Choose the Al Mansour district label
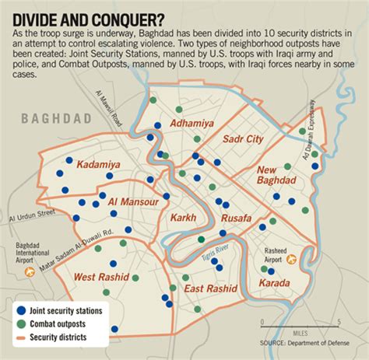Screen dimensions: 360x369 tap(134, 201)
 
